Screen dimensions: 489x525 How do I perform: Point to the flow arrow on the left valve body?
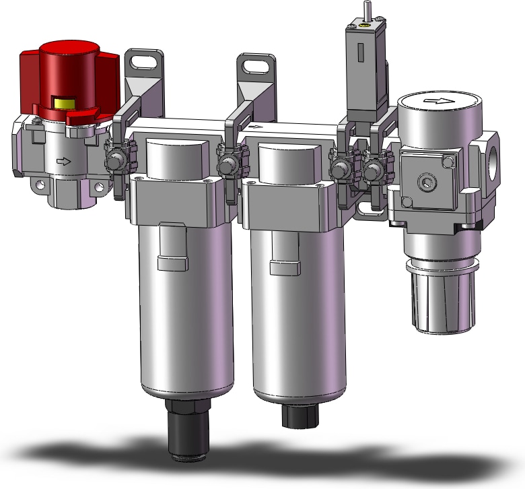tap(63, 161)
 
